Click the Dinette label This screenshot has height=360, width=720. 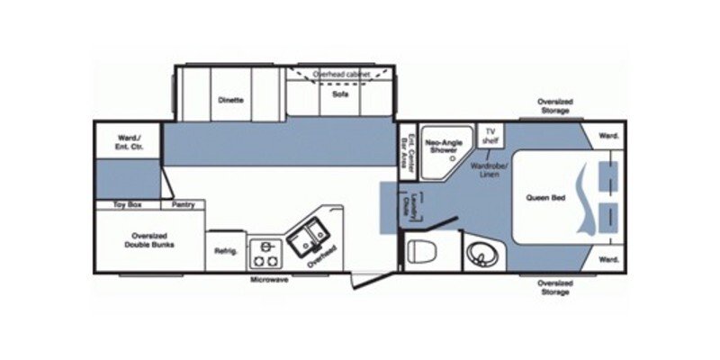coord(230,100)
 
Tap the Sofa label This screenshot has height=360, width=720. coord(340,94)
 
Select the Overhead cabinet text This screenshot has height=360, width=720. coord(338,73)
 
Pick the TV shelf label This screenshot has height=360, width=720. coord(491,135)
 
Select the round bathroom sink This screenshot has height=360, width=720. coord(484,254)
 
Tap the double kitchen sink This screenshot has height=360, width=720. coord(311,231)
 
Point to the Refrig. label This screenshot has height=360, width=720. coord(226,251)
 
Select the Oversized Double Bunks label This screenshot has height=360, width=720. coord(149,240)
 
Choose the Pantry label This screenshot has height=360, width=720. coord(184,205)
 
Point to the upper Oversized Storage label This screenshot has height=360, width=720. coord(554,106)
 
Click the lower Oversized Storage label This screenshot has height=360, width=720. coord(554,288)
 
